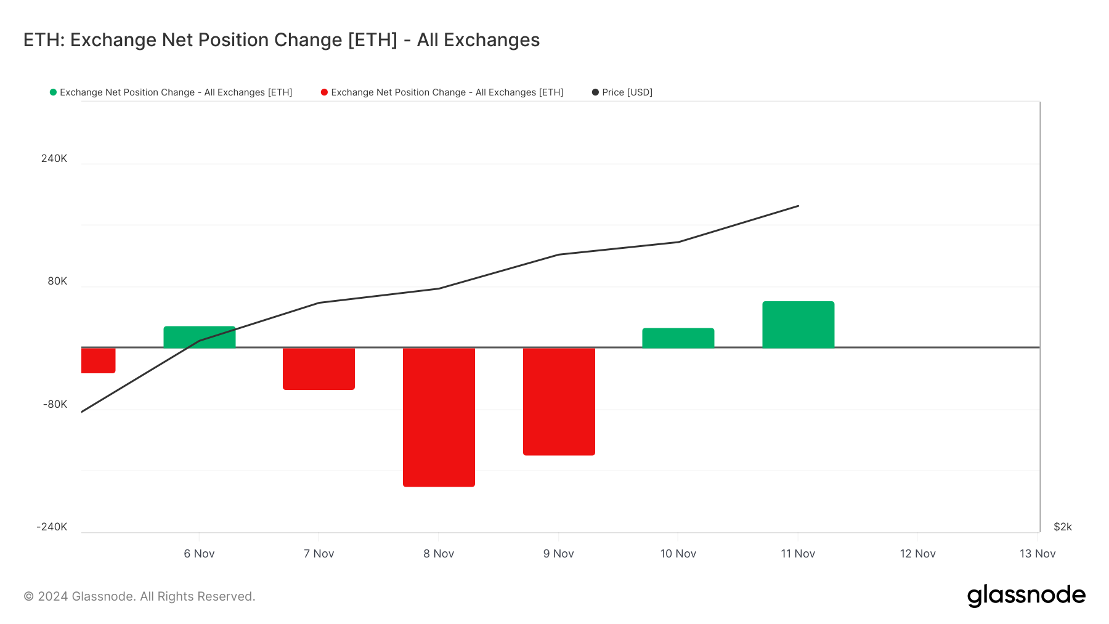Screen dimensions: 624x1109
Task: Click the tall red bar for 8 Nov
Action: (x=439, y=417)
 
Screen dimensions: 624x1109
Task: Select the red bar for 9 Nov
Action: (x=559, y=401)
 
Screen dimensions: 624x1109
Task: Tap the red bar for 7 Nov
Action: (x=319, y=368)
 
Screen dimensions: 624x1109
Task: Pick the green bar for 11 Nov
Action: (x=798, y=325)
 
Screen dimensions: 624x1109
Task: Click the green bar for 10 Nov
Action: (x=678, y=338)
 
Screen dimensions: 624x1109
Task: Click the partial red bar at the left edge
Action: (x=98, y=360)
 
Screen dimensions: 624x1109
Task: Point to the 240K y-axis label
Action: (x=54, y=158)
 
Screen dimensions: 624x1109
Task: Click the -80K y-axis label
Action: (x=55, y=404)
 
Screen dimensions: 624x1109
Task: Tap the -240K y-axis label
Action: (x=52, y=527)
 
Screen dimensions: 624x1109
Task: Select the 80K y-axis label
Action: (x=57, y=281)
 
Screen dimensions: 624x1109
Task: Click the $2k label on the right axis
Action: (x=1062, y=527)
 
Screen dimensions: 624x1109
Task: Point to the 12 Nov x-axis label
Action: (x=917, y=554)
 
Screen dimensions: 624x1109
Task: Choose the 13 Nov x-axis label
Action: (x=1037, y=554)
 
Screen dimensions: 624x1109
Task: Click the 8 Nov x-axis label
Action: (x=439, y=554)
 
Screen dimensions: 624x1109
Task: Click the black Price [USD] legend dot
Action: (x=595, y=92)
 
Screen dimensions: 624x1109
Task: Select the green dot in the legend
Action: (x=53, y=92)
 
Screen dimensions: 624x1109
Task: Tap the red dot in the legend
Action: (x=324, y=92)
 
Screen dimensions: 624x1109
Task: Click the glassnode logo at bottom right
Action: (x=1026, y=596)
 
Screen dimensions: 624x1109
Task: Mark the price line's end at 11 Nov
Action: (x=798, y=206)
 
